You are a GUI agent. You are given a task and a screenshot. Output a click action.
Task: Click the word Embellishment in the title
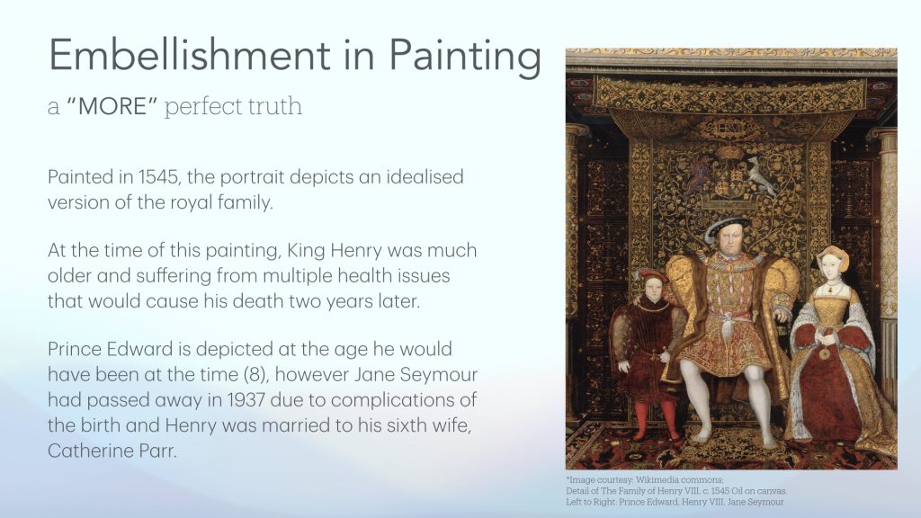(190, 55)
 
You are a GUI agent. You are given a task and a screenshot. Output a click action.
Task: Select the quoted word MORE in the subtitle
(112, 106)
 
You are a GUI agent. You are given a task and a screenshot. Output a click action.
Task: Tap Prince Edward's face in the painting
(650, 288)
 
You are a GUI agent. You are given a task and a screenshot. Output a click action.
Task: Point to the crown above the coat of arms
(729, 153)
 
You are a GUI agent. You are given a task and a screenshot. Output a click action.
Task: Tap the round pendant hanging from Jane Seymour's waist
(824, 353)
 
